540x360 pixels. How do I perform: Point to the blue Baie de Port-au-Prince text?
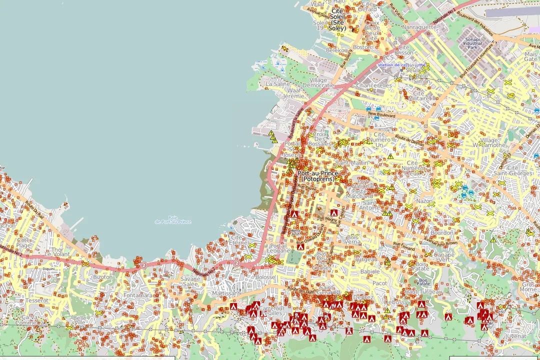pyautogui.click(x=173, y=219)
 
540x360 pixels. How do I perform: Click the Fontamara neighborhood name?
pyautogui.click(x=137, y=295)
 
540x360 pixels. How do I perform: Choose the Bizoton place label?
pyautogui.click(x=103, y=276)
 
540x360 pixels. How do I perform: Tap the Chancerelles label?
pyautogui.click(x=374, y=85)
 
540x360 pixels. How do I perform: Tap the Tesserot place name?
pyautogui.click(x=37, y=300)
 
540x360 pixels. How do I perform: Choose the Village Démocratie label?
pyautogui.click(x=318, y=82)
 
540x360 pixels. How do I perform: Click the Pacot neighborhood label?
pyautogui.click(x=379, y=283)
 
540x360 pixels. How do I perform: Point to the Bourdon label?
pyautogui.click(x=441, y=233)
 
